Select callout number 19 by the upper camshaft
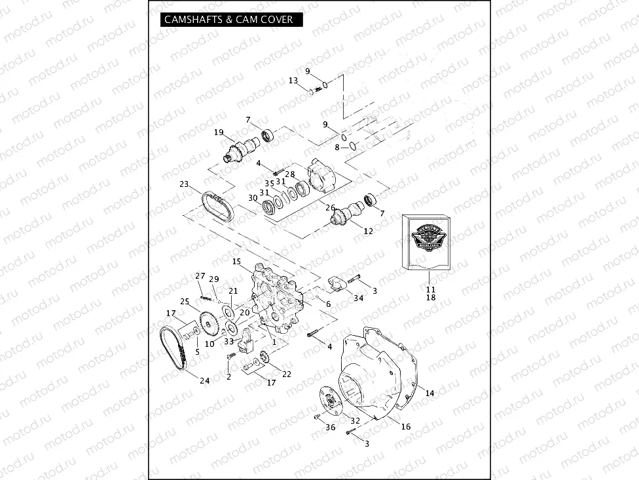point(219,132)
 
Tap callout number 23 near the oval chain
point(184,184)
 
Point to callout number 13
point(293,81)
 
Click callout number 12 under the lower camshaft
point(369,231)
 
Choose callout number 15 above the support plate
point(236,262)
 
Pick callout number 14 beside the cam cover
point(429,393)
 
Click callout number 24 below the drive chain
point(205,381)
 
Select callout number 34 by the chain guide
point(358,298)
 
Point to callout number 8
point(337,148)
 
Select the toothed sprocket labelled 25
point(208,323)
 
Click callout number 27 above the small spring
point(200,275)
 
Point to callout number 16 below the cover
point(406,427)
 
